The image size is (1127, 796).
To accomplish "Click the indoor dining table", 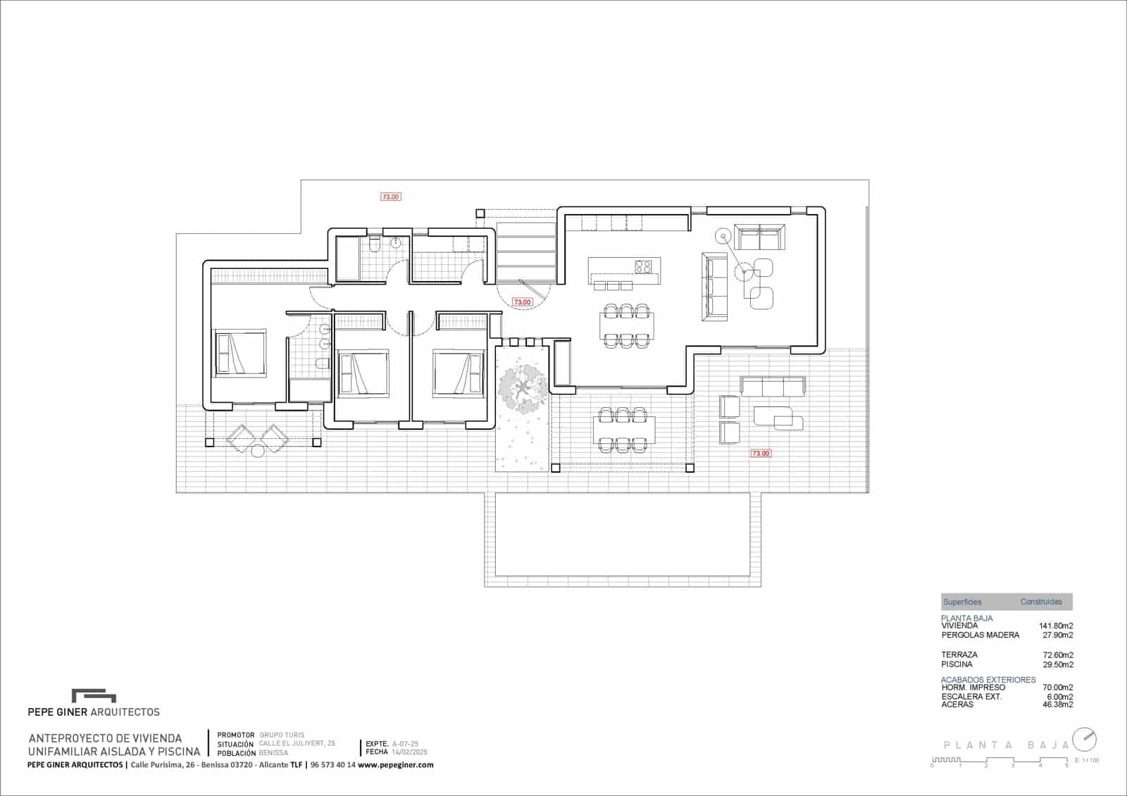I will (x=626, y=325).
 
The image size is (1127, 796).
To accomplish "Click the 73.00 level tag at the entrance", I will (x=522, y=302).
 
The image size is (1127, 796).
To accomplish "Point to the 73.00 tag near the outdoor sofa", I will (x=761, y=454).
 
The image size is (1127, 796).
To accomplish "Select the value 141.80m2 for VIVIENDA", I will (x=1056, y=626).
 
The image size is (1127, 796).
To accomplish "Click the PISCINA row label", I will (x=957, y=664).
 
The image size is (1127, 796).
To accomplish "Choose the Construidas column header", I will (x=1041, y=602).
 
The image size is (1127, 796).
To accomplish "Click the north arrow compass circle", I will (x=1085, y=739).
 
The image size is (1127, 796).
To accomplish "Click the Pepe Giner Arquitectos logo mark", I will (x=94, y=696).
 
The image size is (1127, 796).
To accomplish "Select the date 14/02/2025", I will (x=410, y=752).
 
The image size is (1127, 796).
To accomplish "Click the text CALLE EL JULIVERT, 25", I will (x=297, y=743).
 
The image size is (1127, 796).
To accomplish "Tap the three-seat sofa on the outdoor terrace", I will (x=773, y=386).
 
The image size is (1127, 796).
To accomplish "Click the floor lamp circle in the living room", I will (x=723, y=235).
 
